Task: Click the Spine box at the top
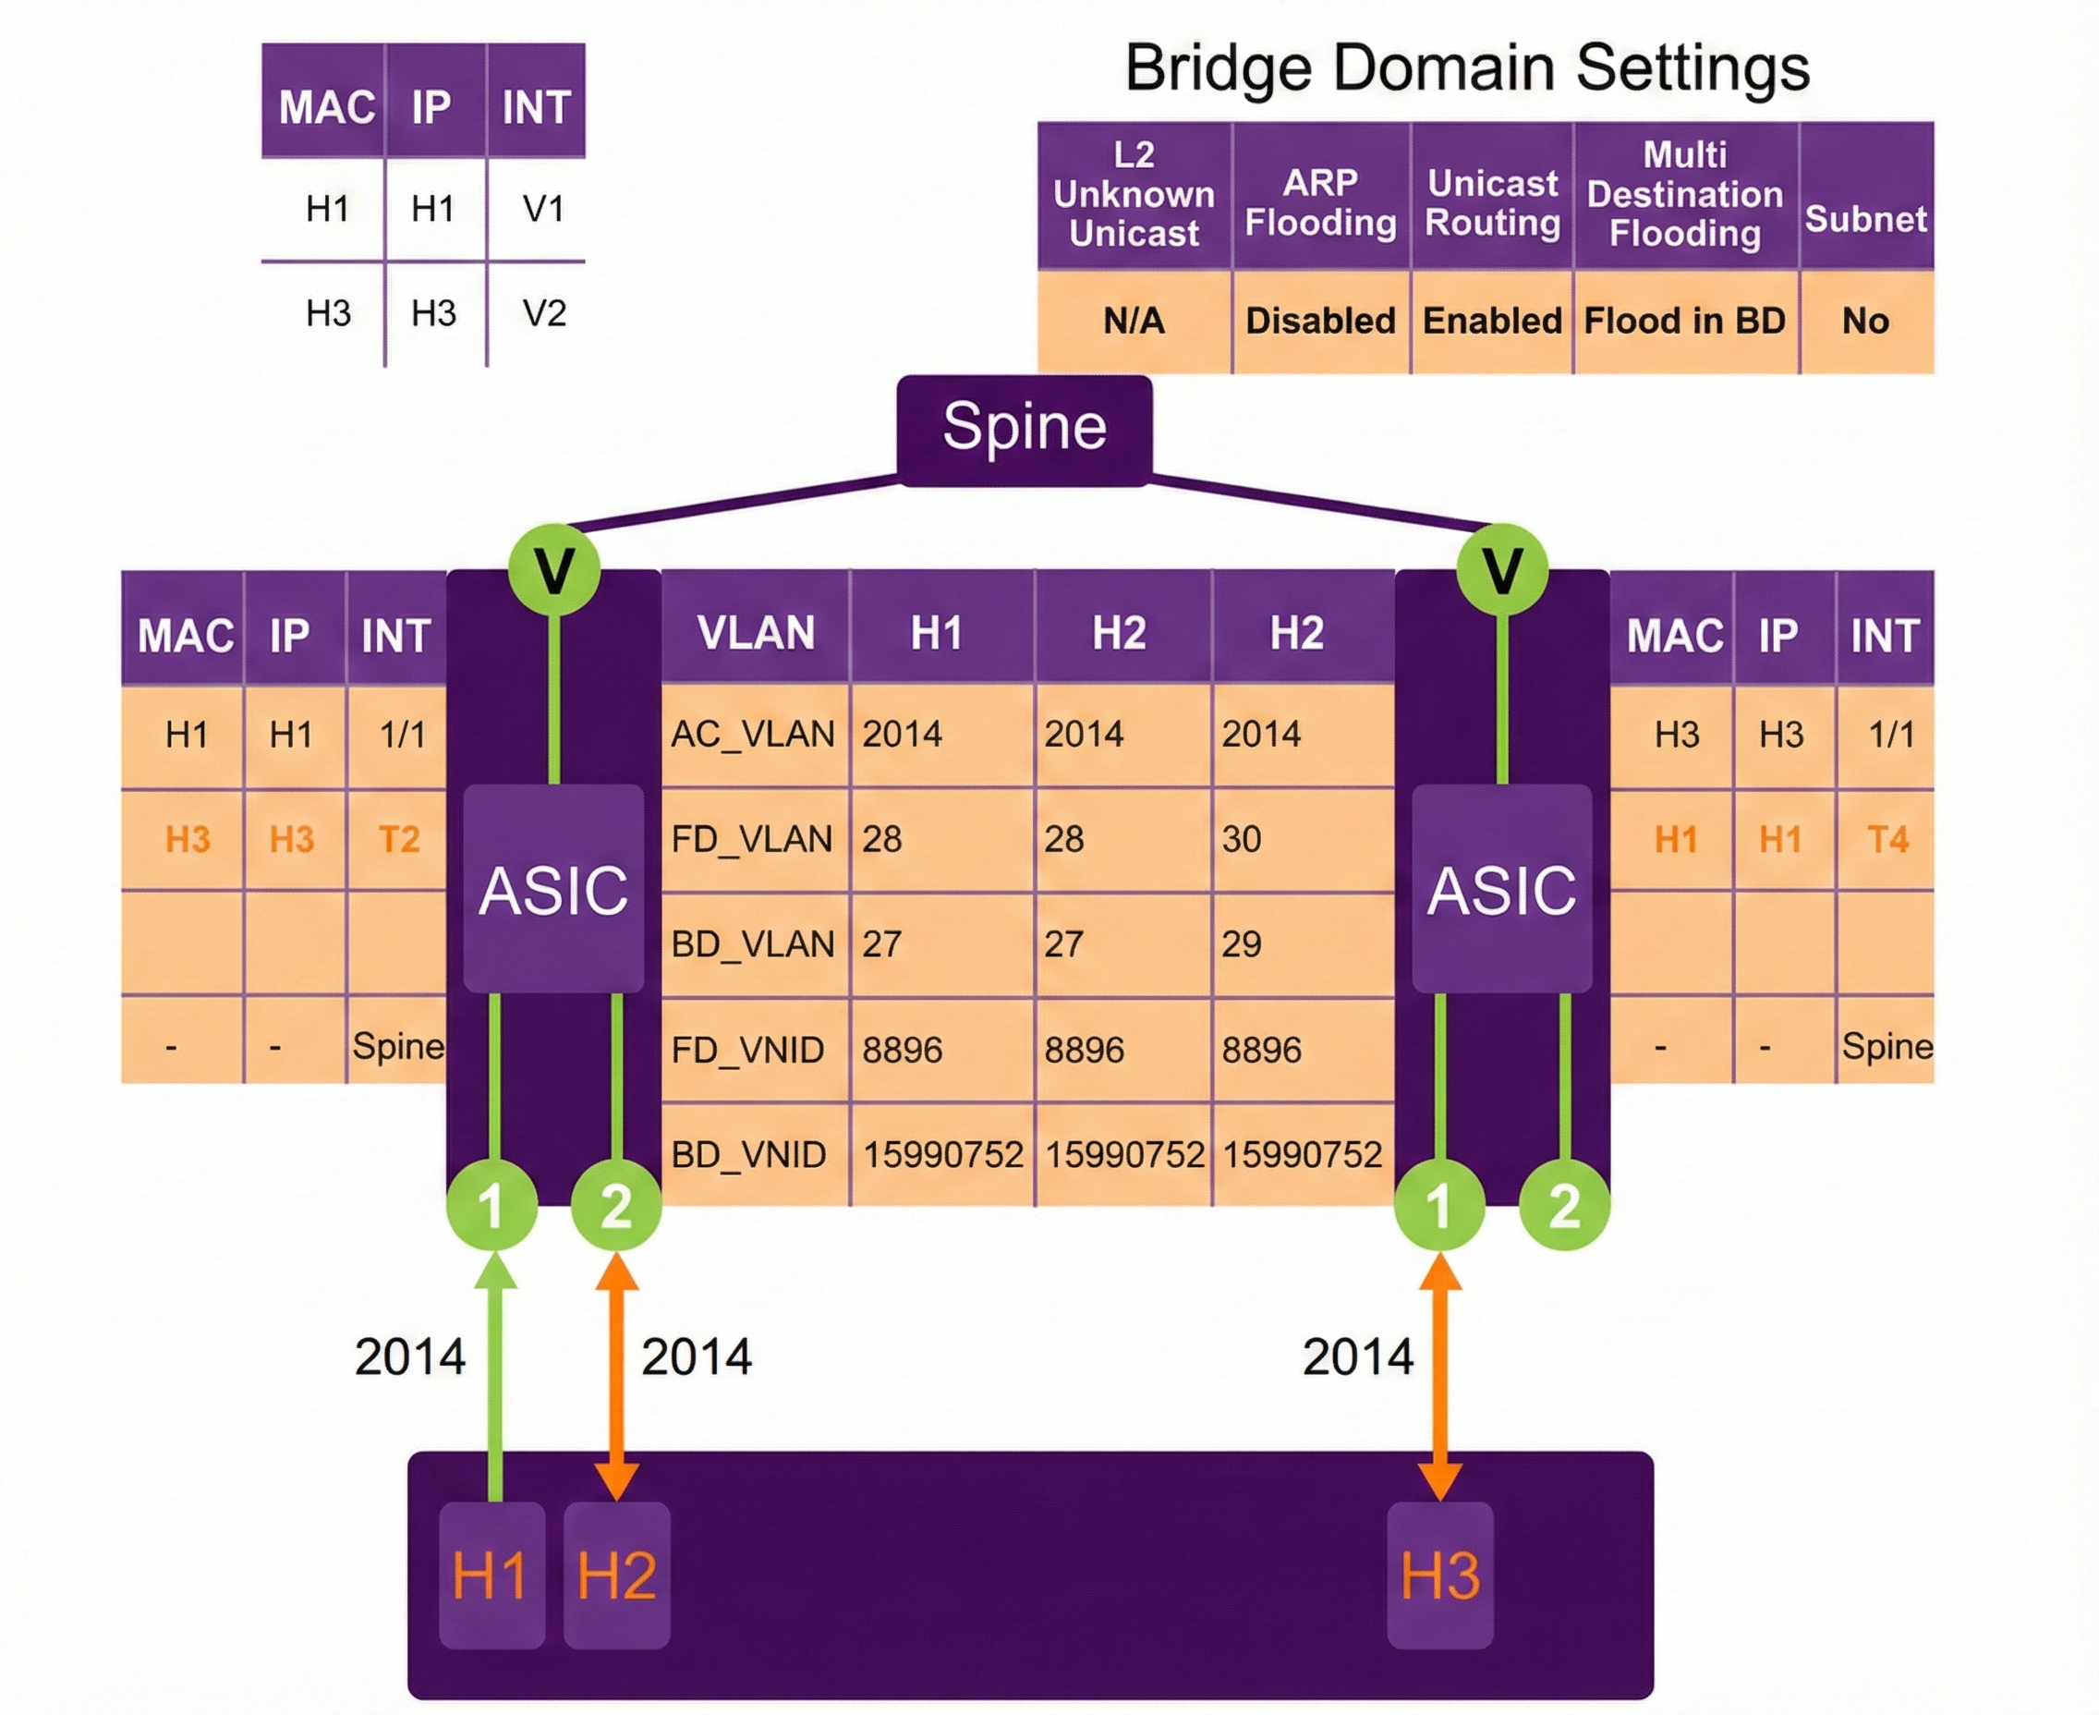1025,429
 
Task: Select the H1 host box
491,1575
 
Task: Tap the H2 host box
616,1575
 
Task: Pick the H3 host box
1440,1575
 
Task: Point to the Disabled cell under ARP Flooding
1320,321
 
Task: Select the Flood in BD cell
1684,321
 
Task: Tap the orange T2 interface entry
399,840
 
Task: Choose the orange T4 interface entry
1887,840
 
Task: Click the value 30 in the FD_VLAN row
1242,840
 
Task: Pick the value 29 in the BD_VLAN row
1242,944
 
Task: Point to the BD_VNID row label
748,1155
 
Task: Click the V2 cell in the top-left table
543,314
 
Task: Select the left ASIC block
553,889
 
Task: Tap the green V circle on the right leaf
1502,570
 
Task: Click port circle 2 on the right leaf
1564,1206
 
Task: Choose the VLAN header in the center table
756,632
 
